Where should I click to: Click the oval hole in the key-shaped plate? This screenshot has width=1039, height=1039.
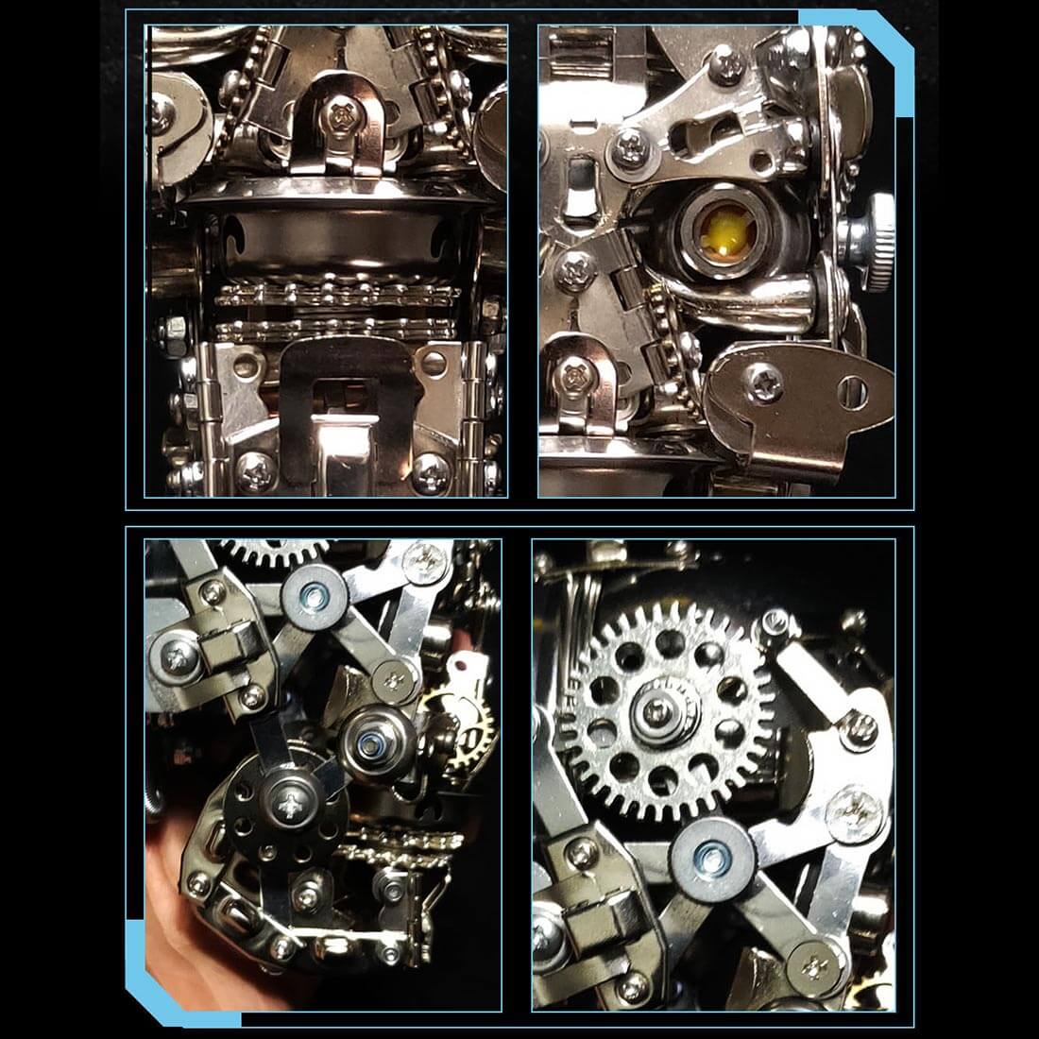853,386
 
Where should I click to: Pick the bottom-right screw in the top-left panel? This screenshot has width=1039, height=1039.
430,467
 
